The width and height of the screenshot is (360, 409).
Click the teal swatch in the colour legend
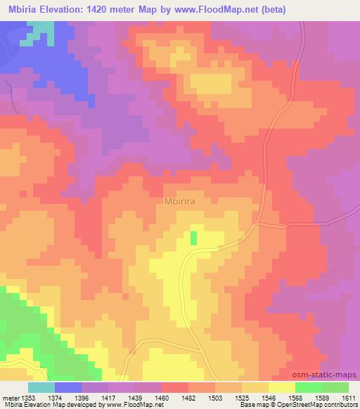click(41, 387)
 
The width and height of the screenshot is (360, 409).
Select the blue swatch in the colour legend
click(68, 387)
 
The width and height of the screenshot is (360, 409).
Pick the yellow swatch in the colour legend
click(282, 387)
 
